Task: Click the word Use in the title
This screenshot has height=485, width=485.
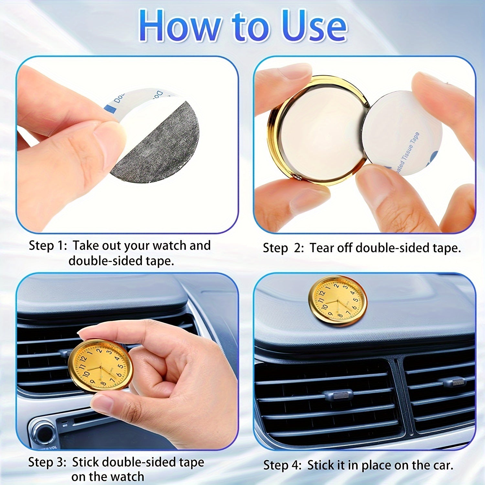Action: [x=314, y=26]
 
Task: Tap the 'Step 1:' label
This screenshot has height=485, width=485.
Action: [x=48, y=246]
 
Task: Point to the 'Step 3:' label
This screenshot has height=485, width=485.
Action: [x=47, y=462]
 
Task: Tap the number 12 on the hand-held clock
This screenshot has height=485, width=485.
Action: [x=83, y=358]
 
